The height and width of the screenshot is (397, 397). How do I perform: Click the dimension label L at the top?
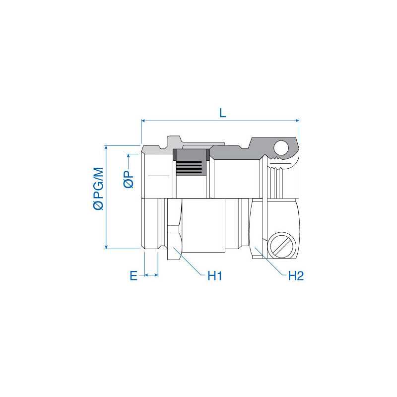(223, 112)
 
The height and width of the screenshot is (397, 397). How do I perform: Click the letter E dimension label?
(133, 275)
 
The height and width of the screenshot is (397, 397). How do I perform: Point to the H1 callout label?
(214, 275)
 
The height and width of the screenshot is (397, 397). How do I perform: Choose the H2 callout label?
(295, 275)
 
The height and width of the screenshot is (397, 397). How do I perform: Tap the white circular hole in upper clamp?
(281, 147)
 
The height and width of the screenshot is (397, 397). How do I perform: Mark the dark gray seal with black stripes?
(190, 162)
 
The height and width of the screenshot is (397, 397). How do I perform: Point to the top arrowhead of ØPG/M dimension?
(106, 148)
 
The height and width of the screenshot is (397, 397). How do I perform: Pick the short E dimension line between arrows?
(151, 274)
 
